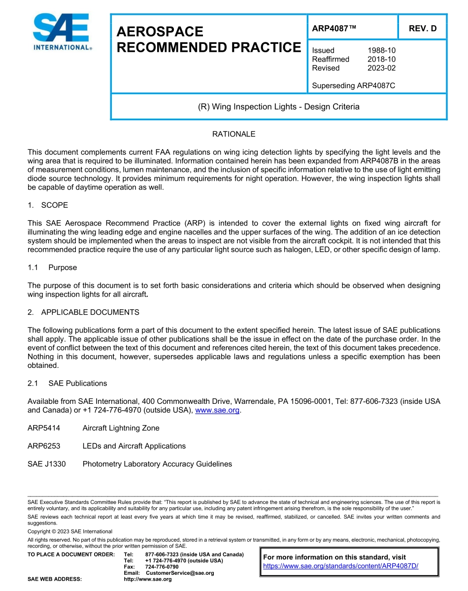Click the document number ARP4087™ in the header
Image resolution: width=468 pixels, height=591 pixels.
click(x=334, y=29)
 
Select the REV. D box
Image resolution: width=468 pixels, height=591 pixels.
click(x=422, y=29)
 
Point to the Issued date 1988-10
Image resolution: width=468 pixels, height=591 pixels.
click(x=381, y=50)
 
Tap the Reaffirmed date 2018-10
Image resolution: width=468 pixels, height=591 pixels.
click(x=381, y=59)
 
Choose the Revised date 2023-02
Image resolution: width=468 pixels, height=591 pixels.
click(x=381, y=68)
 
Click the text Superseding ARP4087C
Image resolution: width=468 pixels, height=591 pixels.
click(x=353, y=86)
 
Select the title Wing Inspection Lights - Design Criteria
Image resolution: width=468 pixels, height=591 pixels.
click(x=278, y=106)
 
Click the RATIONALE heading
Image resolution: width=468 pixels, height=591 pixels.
click(x=234, y=134)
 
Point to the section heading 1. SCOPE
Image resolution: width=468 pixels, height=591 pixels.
click(x=48, y=205)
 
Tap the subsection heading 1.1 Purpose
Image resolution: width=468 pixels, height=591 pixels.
click(x=52, y=267)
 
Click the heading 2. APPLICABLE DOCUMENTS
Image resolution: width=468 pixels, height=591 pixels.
click(x=83, y=312)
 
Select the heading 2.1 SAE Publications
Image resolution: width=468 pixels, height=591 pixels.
click(x=67, y=383)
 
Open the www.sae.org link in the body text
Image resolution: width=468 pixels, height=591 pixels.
click(x=217, y=410)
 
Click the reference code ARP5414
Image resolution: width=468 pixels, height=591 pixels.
click(x=44, y=428)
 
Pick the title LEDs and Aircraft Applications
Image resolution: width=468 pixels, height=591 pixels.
click(x=134, y=446)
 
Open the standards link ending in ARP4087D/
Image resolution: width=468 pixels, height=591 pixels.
click(x=340, y=566)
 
